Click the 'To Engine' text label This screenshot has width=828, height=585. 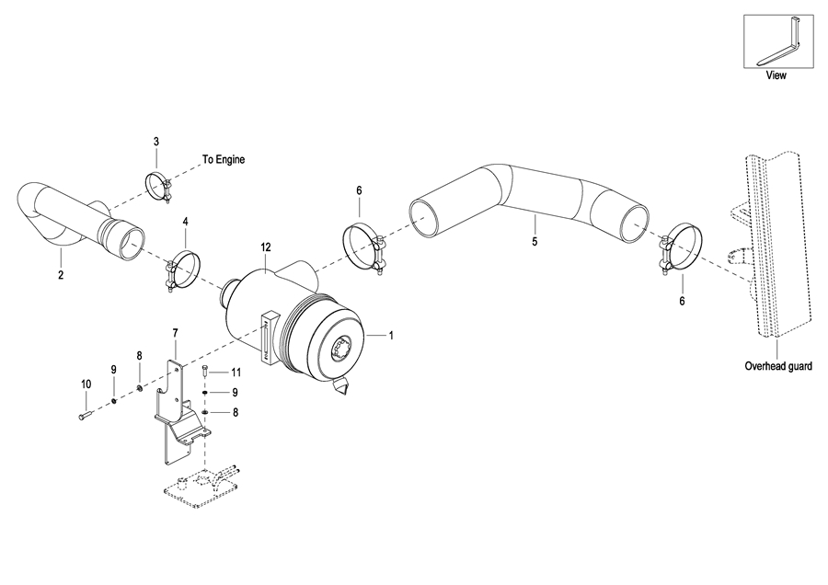coord(224,159)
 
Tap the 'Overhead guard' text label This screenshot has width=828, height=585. coord(777,365)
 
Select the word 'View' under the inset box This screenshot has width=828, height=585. coord(776,75)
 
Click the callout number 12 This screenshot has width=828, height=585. coord(266,247)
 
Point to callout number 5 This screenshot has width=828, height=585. coord(535,242)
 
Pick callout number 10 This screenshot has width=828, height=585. coord(86,384)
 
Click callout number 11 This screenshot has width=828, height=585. coord(236,373)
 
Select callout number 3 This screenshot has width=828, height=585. coord(156,142)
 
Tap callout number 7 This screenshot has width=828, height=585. coord(176,333)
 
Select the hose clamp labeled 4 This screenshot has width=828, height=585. coord(183,270)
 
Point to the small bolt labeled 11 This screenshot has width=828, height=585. coord(205,372)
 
